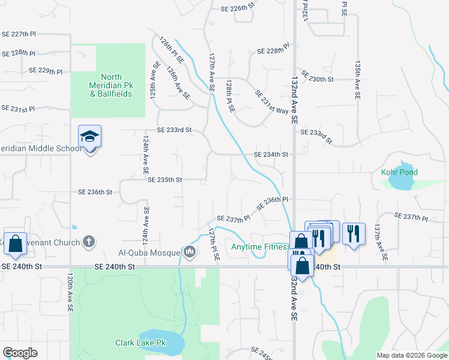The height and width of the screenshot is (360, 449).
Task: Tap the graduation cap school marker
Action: [x=89, y=137]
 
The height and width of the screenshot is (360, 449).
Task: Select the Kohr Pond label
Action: [x=399, y=172]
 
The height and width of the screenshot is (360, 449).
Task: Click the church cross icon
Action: [x=88, y=242]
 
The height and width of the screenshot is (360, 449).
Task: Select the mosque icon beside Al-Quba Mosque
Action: [x=190, y=251]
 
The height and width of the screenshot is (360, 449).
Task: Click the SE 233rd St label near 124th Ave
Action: [x=174, y=130]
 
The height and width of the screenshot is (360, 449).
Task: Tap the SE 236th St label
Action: [x=95, y=192]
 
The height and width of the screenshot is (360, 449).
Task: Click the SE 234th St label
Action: [x=271, y=154]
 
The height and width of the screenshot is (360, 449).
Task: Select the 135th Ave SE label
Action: [x=357, y=79]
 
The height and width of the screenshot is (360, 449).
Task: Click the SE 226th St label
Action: [x=238, y=8]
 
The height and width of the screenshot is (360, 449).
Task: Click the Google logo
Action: [x=20, y=353]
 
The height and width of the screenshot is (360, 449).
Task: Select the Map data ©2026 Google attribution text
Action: [x=411, y=355]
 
